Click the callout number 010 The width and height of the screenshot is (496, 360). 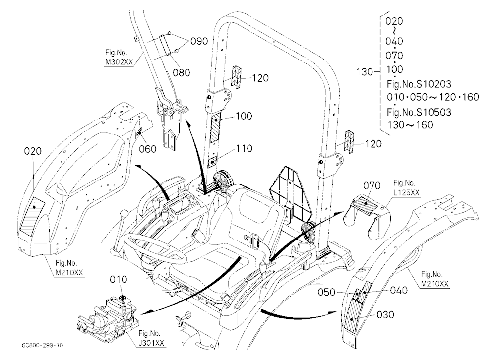(x=119, y=279)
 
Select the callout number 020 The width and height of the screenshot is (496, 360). (x=33, y=151)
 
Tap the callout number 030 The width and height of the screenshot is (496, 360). (x=385, y=315)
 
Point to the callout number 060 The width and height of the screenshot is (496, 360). (x=148, y=149)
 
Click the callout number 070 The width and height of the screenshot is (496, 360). (x=372, y=185)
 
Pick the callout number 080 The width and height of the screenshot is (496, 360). (x=181, y=73)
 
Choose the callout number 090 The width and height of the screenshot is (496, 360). (x=199, y=41)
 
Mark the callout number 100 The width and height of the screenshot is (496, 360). (x=244, y=116)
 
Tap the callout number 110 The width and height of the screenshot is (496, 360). (x=244, y=148)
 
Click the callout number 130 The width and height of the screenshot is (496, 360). (x=365, y=72)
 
